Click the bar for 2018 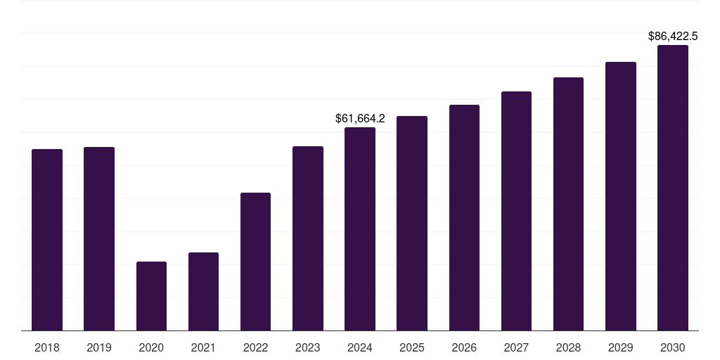point(47,239)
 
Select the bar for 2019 point(99,238)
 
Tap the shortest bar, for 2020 point(151,295)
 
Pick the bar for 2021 point(203,291)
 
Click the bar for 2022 point(255,261)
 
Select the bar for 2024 point(360,229)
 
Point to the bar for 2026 point(464,217)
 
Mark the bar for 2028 point(568,203)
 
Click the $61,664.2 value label point(360,119)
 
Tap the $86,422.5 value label point(673,36)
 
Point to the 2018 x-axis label point(47,347)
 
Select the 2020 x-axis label point(151,347)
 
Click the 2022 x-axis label point(255,347)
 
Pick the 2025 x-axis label point(412,347)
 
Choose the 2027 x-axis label point(516,347)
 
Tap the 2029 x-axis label point(621,347)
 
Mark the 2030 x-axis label point(673,347)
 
